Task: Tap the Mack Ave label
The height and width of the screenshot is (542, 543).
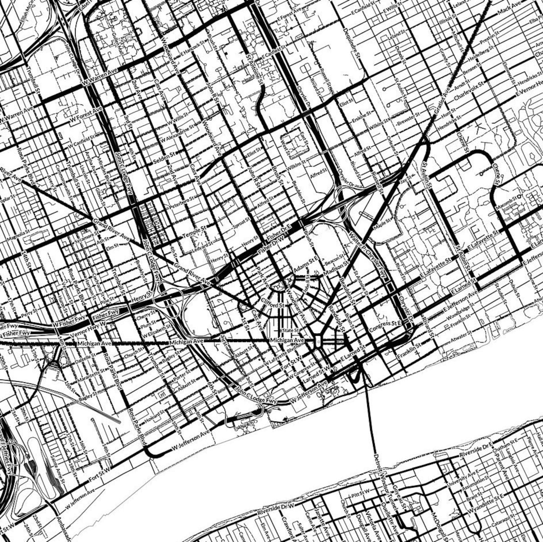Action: point(509,9)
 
